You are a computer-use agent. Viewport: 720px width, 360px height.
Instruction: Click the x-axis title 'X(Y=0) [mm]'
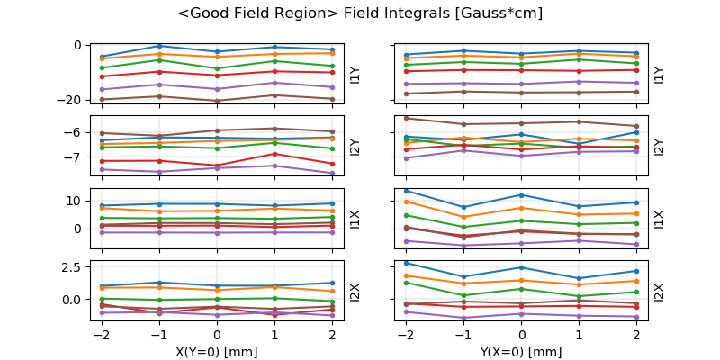click(x=217, y=352)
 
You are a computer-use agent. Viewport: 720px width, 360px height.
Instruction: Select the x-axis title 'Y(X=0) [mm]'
click(x=522, y=352)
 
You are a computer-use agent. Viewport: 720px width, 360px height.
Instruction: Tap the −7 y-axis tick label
click(x=76, y=157)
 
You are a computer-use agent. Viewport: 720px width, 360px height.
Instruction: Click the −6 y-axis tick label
click(x=76, y=132)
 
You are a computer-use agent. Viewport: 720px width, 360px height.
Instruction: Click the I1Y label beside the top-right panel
click(x=659, y=74)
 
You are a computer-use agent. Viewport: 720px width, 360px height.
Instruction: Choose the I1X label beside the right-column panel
click(x=659, y=218)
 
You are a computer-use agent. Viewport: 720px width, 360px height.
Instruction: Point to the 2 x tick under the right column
click(x=636, y=334)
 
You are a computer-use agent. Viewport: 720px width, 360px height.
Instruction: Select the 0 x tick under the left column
click(x=217, y=334)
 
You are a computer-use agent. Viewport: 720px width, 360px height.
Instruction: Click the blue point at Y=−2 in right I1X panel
click(x=406, y=191)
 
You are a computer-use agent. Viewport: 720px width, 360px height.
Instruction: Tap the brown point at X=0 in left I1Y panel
click(x=217, y=101)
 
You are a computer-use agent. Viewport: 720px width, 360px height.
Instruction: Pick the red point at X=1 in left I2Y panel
click(x=274, y=154)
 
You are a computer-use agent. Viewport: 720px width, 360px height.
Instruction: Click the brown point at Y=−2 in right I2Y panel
click(x=406, y=118)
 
